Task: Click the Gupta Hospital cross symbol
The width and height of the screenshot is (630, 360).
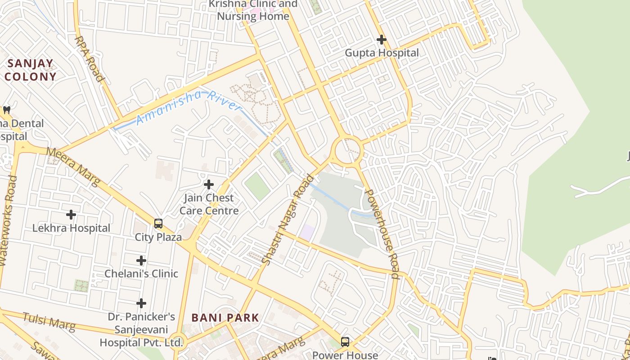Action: click(x=381, y=40)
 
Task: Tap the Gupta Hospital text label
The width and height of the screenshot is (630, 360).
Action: click(x=382, y=53)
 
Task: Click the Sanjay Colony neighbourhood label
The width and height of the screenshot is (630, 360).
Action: click(x=30, y=70)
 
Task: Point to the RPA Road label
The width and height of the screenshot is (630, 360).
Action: click(x=89, y=59)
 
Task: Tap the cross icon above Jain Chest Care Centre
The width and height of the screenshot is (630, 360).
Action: click(x=208, y=184)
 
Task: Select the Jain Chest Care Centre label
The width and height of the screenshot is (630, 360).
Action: click(x=209, y=204)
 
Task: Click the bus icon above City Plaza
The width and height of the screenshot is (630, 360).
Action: click(x=158, y=224)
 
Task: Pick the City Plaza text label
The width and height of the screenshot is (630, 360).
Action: click(x=158, y=237)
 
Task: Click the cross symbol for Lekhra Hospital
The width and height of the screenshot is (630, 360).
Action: click(x=71, y=215)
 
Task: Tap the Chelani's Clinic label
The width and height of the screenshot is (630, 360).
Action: click(x=141, y=274)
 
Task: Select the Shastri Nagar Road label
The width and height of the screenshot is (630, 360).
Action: click(x=288, y=219)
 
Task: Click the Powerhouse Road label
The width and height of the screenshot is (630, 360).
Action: click(x=381, y=234)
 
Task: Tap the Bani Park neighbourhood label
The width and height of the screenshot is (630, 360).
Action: click(x=225, y=318)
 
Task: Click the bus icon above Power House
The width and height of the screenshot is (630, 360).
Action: click(x=345, y=342)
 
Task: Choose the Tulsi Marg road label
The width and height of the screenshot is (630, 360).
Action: click(x=49, y=322)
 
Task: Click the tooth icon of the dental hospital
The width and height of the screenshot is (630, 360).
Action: click(x=7, y=110)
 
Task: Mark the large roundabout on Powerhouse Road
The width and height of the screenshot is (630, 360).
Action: click(x=347, y=150)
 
